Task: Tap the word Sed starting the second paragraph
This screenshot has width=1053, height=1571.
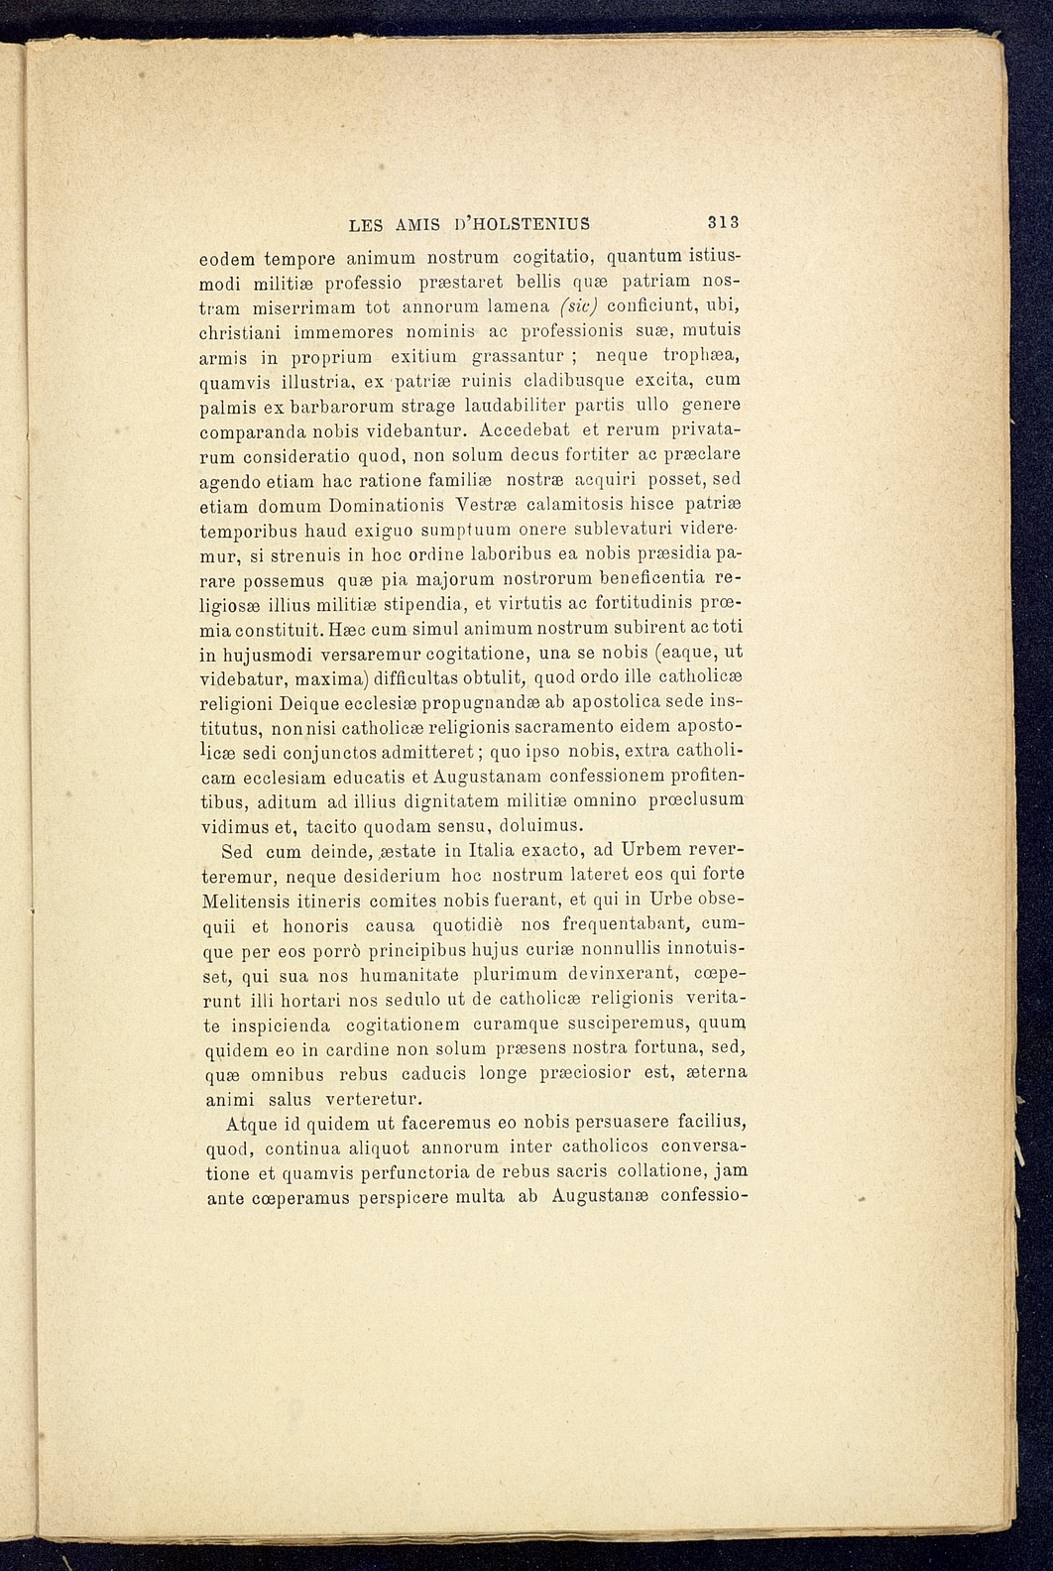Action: tap(238, 852)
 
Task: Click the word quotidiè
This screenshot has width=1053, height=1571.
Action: tap(472, 926)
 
